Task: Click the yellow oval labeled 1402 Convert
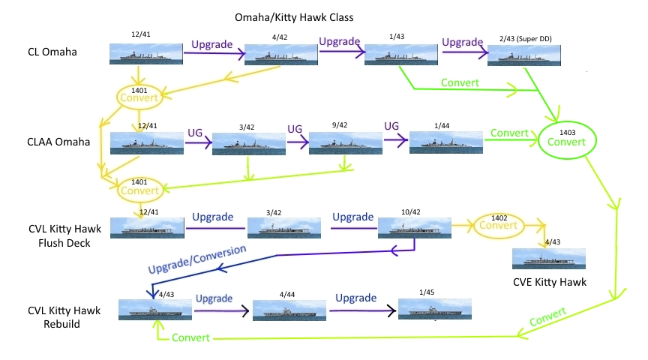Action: point(499,223)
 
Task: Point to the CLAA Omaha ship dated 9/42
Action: point(343,142)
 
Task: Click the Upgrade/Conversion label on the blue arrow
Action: point(197,259)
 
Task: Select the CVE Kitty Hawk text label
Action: point(550,283)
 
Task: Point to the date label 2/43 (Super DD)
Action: point(524,37)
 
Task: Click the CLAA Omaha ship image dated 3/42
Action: point(244,142)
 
